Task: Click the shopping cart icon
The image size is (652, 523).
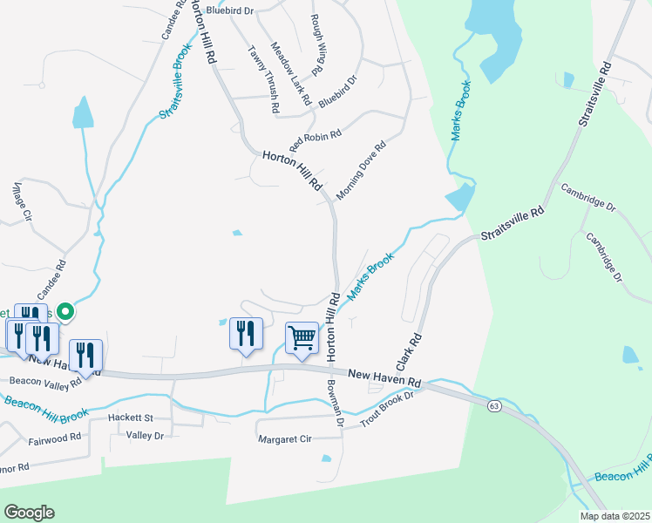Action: point(302,337)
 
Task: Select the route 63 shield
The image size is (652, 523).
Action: point(494,406)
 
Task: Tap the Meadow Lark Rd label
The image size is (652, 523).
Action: point(290,74)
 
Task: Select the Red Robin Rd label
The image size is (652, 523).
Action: point(316,138)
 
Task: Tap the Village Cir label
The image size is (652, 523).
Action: point(21,201)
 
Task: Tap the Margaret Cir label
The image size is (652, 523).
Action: point(285,439)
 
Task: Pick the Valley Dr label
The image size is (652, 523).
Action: point(145,434)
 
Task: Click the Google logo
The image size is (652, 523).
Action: point(29,513)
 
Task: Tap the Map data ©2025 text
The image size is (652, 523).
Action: point(615,516)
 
